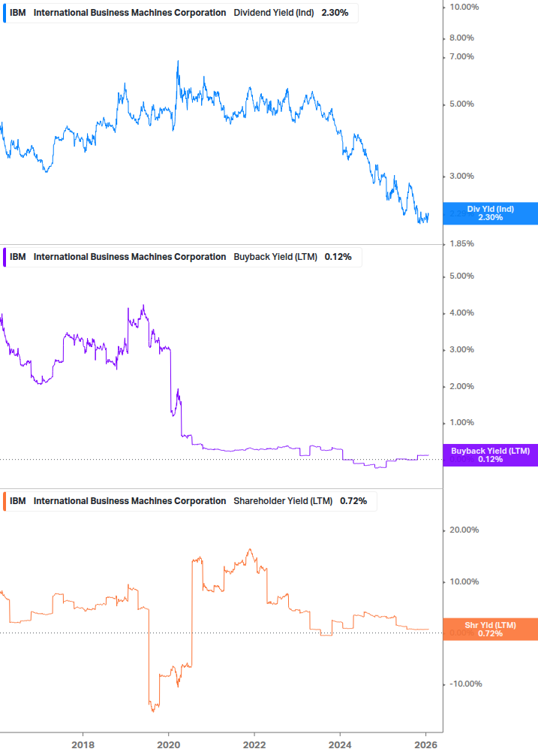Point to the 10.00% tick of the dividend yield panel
tap(464, 7)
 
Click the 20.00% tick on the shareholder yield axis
tap(464, 530)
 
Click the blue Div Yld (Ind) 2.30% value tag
tap(490, 213)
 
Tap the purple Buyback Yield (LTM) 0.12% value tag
tap(490, 455)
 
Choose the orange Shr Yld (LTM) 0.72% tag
tap(490, 630)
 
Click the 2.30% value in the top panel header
tap(336, 13)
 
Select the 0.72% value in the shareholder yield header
tap(353, 501)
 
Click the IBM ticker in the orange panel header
tap(18, 501)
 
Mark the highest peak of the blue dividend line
tap(178, 61)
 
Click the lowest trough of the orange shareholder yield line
tap(153, 711)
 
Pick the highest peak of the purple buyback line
tap(143, 305)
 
